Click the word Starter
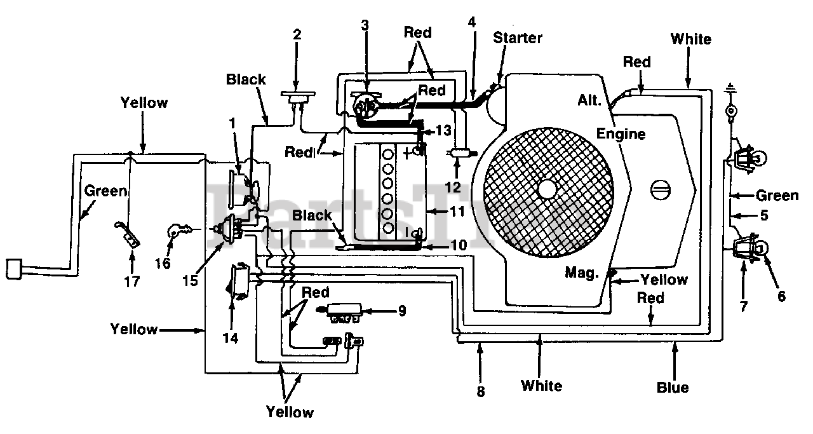point(518,37)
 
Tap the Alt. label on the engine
point(589,100)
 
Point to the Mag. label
point(581,272)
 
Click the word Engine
point(621,134)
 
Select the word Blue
point(673,388)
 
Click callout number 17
point(131,281)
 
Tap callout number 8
point(481,391)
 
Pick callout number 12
point(453,187)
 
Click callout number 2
point(297,34)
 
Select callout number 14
point(231,338)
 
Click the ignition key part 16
point(178,231)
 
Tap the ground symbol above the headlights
point(730,88)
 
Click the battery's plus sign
point(407,154)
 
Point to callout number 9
point(402,311)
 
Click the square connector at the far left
point(14,269)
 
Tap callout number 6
point(781,296)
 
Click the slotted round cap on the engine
point(661,190)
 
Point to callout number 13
point(443,130)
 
